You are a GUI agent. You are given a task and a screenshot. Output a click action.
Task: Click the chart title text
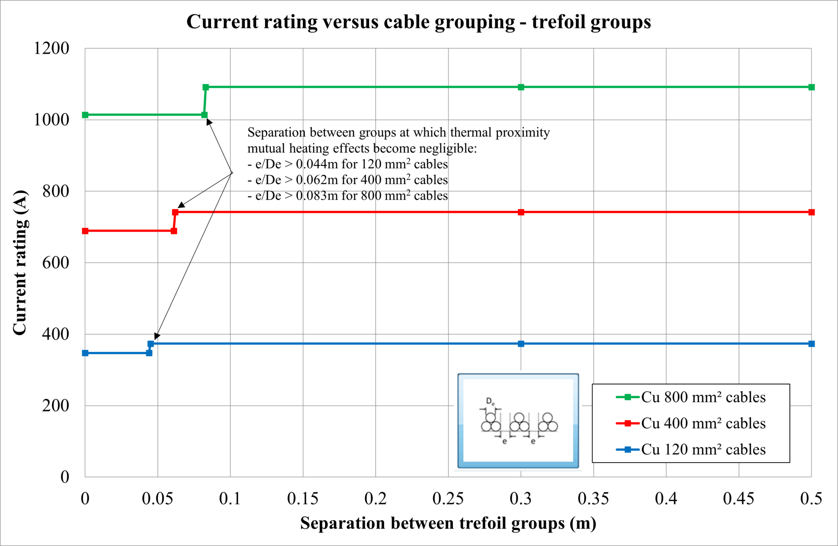coord(418,22)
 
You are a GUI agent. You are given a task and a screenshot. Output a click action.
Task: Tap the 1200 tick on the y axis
coord(52,48)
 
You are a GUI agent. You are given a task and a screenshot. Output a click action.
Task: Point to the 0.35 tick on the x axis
coord(593,499)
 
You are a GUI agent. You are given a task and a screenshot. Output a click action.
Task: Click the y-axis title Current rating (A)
coord(20,262)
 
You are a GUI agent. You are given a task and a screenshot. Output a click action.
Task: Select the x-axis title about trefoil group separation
coord(448,523)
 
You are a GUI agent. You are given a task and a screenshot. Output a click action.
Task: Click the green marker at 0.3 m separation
coord(521,87)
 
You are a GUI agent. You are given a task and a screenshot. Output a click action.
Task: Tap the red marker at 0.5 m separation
coord(811,212)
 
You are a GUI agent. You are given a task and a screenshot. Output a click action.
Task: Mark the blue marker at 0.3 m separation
coord(521,344)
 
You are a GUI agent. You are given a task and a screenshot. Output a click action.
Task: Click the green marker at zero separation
coord(85,115)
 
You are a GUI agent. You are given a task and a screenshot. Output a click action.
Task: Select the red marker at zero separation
coord(85,231)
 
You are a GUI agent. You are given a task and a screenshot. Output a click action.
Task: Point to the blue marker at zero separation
coord(85,353)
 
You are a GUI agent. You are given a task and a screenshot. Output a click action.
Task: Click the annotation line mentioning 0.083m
coord(348,196)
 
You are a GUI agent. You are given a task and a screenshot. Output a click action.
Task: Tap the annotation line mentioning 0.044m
coord(348,164)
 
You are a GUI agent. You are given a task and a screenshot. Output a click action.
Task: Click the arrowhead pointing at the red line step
coord(181,205)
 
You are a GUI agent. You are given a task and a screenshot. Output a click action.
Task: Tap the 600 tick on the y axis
coord(56,263)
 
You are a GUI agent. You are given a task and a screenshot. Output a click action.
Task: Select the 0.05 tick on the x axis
coord(158,499)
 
